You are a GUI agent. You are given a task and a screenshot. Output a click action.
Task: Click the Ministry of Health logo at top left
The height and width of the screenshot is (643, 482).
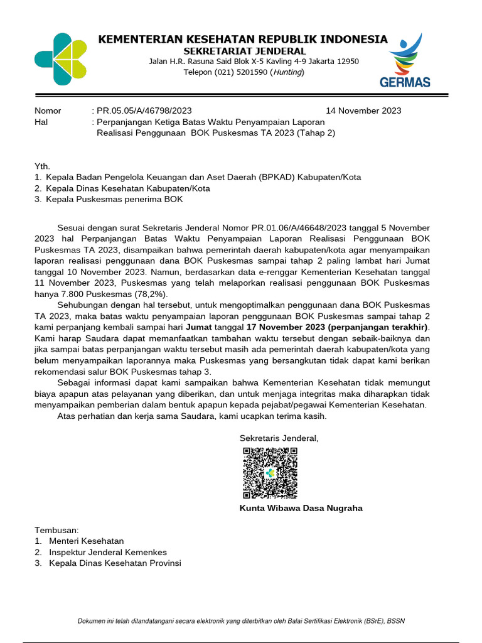[61, 59]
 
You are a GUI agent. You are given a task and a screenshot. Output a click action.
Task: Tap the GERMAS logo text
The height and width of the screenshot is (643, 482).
[405, 82]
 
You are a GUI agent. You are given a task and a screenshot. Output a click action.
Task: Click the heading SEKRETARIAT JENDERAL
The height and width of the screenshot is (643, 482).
[244, 51]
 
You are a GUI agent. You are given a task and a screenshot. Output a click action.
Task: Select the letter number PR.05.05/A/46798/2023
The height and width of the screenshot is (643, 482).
[144, 111]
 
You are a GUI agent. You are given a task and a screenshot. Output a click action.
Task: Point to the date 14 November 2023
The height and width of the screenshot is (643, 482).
[363, 111]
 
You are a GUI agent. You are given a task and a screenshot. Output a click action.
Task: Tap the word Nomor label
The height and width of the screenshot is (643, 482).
[48, 111]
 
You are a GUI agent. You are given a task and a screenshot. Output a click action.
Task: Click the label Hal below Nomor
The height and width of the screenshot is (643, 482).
[41, 122]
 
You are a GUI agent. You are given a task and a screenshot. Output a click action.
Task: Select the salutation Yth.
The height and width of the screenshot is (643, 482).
[41, 166]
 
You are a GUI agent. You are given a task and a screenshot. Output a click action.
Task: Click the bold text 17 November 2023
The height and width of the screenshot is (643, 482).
[284, 327]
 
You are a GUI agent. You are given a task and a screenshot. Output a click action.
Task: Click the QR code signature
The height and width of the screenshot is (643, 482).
[270, 473]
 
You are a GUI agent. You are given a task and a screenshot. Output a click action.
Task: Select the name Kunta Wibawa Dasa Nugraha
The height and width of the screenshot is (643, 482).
[301, 508]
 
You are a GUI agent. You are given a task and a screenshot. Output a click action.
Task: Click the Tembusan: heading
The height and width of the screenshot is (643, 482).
[56, 530]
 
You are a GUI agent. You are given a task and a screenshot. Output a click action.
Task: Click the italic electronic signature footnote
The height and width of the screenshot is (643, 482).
[241, 621]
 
